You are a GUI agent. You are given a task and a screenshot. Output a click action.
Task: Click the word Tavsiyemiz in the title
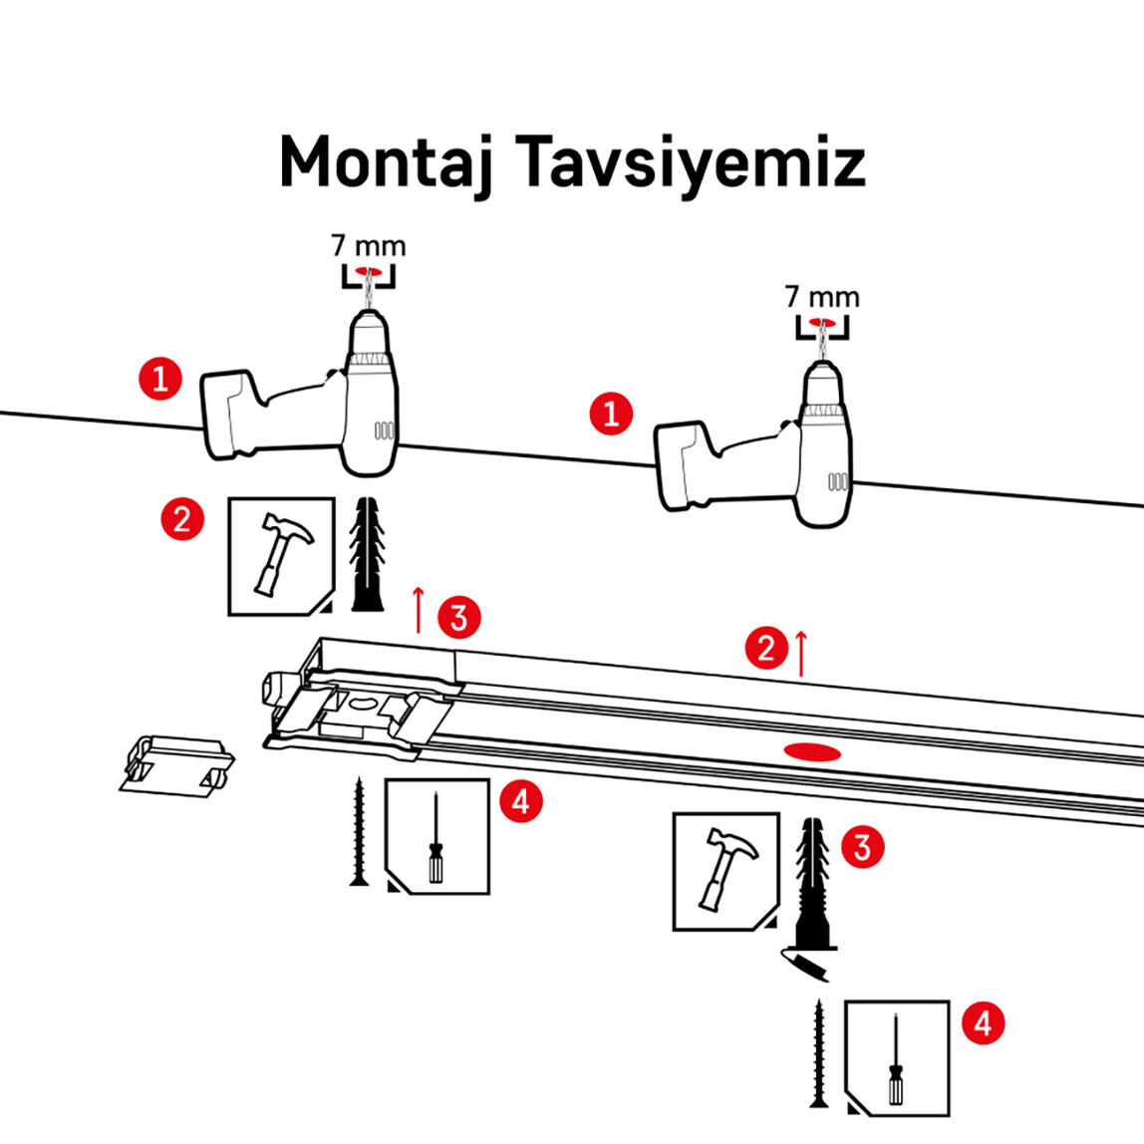pos(691,162)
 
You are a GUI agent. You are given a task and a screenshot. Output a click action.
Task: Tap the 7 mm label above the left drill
pos(368,245)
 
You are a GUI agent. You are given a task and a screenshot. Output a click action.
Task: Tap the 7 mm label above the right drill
pos(821,296)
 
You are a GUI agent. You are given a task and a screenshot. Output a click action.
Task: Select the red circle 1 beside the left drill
pos(160,379)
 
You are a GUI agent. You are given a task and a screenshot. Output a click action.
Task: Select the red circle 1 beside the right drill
pos(611,413)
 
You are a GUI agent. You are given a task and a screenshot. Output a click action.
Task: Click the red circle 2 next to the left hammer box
pos(182,519)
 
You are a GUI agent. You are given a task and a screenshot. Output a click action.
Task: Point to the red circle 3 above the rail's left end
pos(458,618)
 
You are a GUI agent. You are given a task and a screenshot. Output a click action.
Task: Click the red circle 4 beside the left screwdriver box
pos(521,800)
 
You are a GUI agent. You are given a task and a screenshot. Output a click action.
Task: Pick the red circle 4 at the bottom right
pos(983,1023)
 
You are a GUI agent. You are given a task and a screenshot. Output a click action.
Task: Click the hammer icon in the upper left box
pos(282,553)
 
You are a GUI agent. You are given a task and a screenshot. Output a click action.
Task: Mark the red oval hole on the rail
pos(812,750)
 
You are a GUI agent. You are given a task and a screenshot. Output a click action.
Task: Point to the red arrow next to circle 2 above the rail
pos(800,653)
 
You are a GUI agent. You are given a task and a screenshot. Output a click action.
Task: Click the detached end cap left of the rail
pos(173,765)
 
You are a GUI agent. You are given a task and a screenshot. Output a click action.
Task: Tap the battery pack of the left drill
pos(231,415)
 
